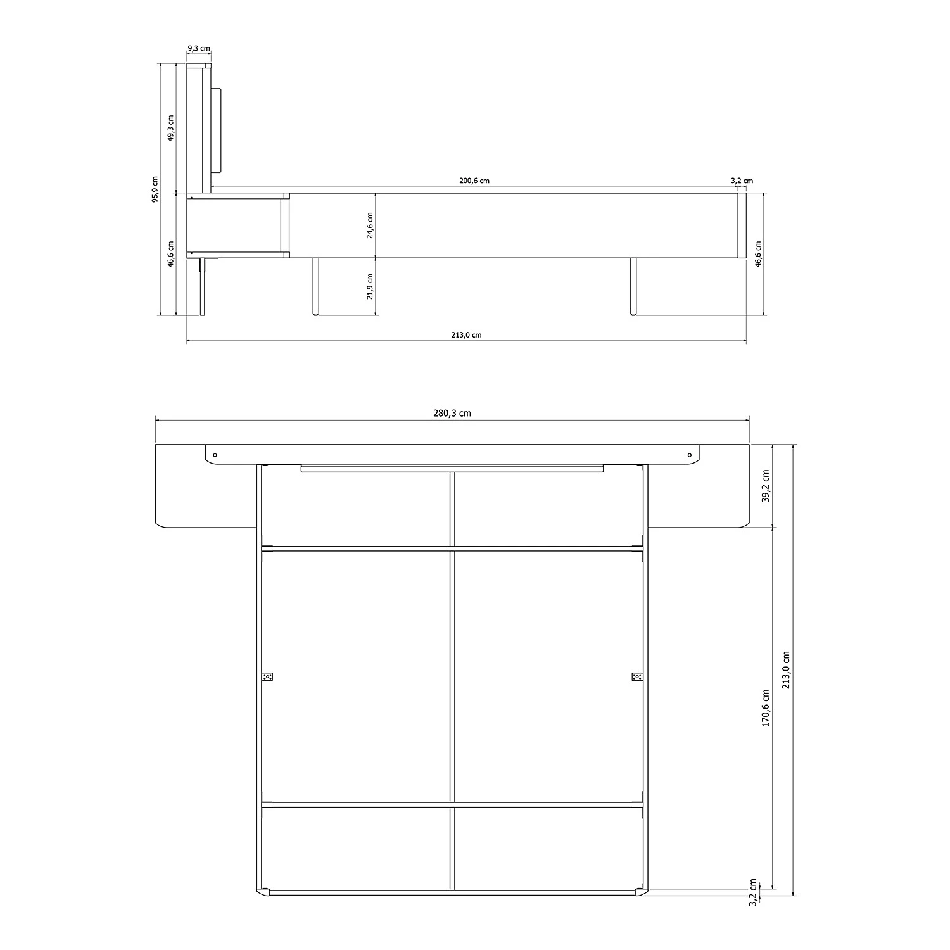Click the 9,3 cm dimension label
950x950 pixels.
199,48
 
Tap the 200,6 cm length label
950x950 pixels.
474,180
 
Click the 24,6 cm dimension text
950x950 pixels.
370,225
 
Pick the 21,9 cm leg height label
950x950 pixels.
370,286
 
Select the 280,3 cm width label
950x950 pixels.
452,414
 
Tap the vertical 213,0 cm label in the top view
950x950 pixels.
786,669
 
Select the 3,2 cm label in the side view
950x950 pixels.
742,180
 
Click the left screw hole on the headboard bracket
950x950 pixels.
215,455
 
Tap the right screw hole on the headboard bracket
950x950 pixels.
690,455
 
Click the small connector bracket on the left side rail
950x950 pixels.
267,676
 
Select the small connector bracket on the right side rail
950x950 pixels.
637,676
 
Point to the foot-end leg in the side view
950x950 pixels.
633,286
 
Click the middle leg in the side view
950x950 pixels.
315,286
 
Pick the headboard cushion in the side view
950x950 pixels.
215,130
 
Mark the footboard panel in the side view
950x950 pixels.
742,225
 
